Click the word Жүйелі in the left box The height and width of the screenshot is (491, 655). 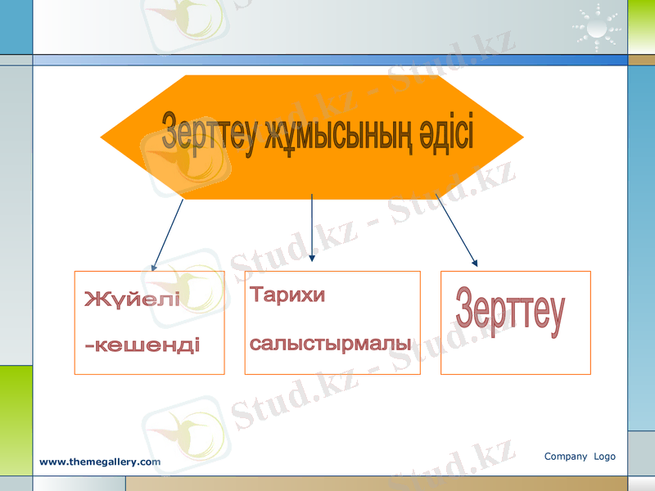click(x=132, y=299)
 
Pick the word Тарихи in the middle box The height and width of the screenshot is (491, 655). click(x=287, y=295)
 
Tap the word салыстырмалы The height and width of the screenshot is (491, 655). click(x=330, y=343)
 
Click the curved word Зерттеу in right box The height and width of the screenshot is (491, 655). click(x=510, y=312)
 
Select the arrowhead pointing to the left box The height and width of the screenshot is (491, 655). click(x=154, y=267)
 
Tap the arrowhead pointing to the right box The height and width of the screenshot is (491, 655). click(x=475, y=263)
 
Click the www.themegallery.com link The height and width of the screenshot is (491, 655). click(x=100, y=462)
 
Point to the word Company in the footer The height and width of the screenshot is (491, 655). click(x=566, y=457)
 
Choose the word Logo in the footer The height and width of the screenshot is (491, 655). click(x=605, y=457)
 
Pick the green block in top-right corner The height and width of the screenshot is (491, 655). click(x=641, y=26)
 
